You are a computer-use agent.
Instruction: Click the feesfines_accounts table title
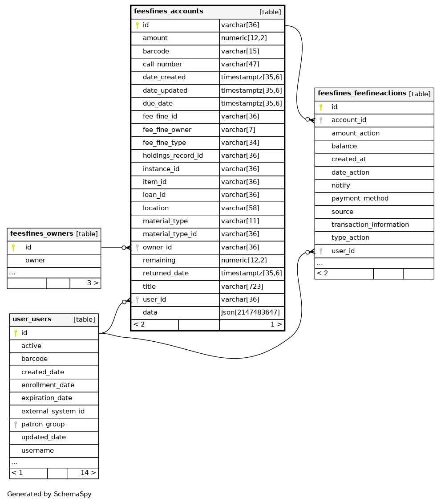point(169,12)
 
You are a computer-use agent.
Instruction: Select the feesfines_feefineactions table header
point(362,94)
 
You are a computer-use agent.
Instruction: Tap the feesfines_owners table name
point(42,234)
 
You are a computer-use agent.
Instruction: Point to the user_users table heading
point(32,319)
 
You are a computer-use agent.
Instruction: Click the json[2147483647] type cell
point(251,312)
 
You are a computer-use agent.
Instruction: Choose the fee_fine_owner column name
point(167,130)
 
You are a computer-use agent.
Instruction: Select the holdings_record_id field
point(173,156)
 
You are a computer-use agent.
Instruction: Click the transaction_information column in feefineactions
point(370,225)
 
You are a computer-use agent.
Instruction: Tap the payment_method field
point(360,199)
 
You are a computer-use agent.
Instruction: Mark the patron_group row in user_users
point(43,425)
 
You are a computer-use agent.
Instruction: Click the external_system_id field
point(53,411)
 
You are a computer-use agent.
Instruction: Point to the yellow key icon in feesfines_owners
point(13,248)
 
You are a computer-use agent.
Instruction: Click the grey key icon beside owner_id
point(137,248)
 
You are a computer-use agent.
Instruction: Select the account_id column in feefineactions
point(348,120)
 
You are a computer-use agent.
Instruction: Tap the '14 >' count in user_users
point(88,473)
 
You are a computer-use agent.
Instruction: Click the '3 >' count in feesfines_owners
point(93,283)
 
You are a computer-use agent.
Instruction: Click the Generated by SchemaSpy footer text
point(49,494)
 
